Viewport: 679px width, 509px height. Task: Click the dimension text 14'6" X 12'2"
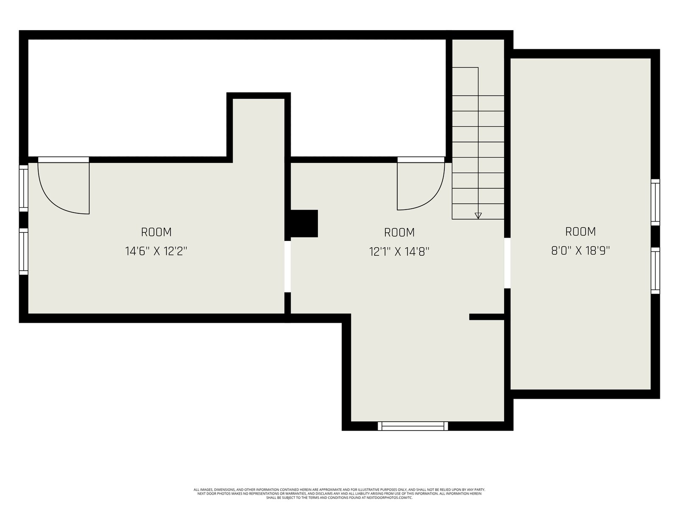(156, 251)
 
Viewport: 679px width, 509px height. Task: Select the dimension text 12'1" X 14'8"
(399, 252)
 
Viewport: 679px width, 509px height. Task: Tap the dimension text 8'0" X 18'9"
(580, 250)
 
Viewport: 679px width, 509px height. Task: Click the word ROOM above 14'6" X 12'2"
(156, 232)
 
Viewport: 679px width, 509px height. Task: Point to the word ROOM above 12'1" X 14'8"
(399, 232)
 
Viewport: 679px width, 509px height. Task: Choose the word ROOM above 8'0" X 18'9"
(580, 232)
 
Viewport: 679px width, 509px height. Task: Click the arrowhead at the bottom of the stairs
(478, 216)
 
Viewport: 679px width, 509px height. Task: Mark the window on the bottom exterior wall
(412, 426)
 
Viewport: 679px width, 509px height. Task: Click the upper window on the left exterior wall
(24, 188)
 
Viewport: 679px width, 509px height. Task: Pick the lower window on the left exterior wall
(24, 251)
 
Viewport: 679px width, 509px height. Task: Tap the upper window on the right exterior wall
(655, 202)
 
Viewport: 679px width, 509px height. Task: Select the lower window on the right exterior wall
(655, 271)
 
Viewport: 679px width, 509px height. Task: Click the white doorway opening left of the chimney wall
(287, 266)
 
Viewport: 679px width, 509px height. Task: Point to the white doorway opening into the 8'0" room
(507, 263)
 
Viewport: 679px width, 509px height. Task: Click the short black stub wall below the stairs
(487, 317)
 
